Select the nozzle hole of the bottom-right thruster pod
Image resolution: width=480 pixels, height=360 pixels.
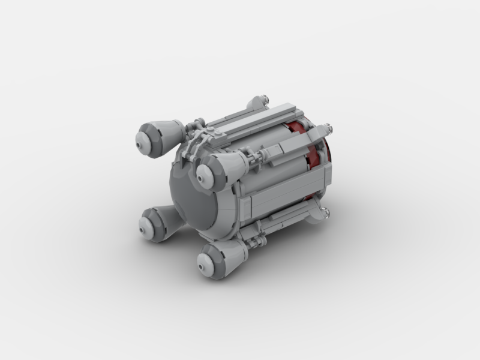click(202, 262)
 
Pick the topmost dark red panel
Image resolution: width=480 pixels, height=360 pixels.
click(295, 127)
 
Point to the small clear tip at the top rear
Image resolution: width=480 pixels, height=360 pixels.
click(264, 97)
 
